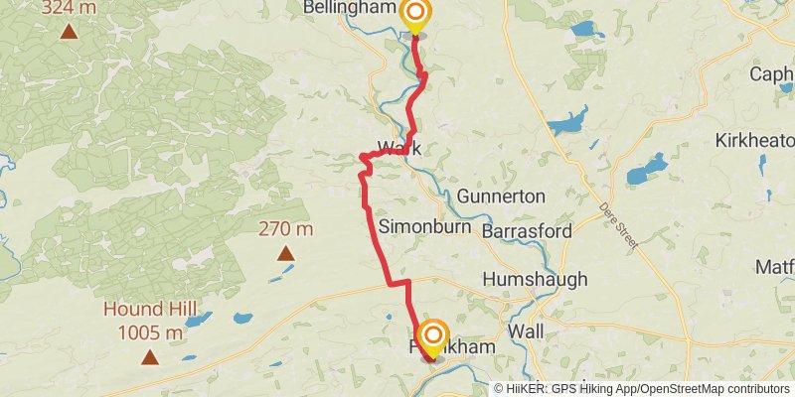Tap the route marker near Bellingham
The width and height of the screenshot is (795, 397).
415,15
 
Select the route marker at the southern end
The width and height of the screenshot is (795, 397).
432,334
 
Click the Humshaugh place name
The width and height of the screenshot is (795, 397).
535,280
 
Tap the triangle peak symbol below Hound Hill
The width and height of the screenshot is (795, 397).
149,356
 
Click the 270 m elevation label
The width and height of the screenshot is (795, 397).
285,229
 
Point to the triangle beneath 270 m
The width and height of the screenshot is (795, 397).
285,253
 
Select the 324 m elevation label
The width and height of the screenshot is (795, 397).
69,8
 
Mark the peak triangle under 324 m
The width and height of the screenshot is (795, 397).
69,31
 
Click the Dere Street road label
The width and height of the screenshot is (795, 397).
618,220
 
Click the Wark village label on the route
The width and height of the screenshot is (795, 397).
399,148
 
